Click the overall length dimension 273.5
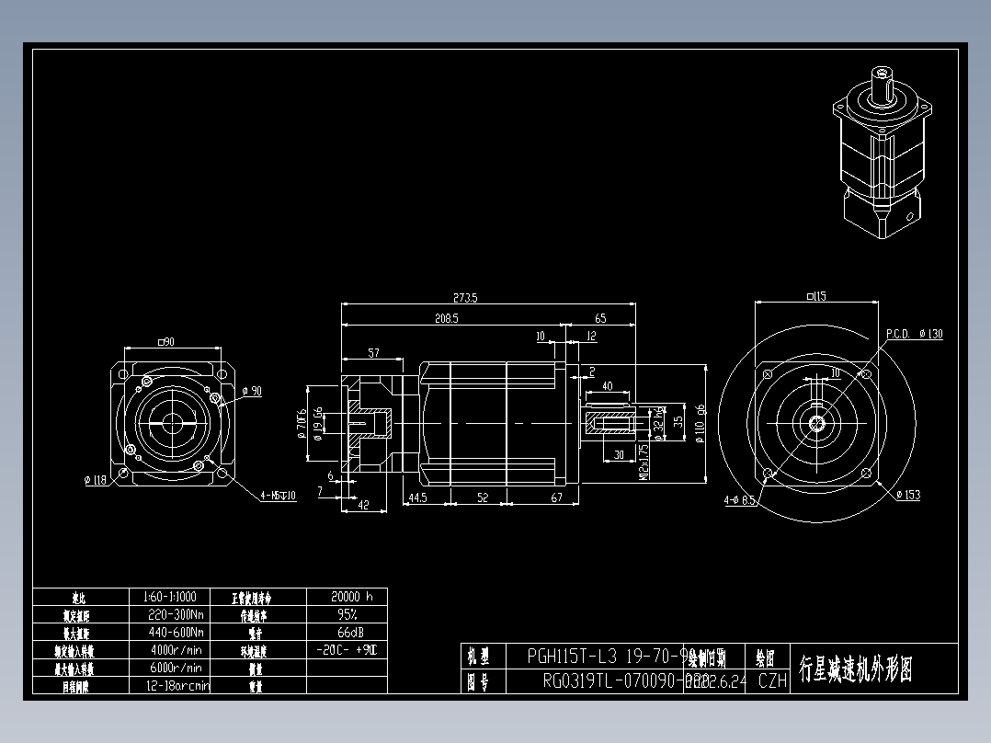click(466, 298)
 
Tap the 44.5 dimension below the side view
click(418, 497)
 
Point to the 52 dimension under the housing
click(483, 497)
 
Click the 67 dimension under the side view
click(556, 497)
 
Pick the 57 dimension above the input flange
click(374, 353)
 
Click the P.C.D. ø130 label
click(915, 334)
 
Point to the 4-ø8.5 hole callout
click(739, 500)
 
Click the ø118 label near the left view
click(95, 479)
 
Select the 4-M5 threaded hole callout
click(277, 497)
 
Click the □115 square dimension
click(815, 296)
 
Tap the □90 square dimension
click(166, 342)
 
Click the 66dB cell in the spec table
click(347, 633)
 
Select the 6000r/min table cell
click(176, 668)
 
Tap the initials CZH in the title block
click(772, 681)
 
